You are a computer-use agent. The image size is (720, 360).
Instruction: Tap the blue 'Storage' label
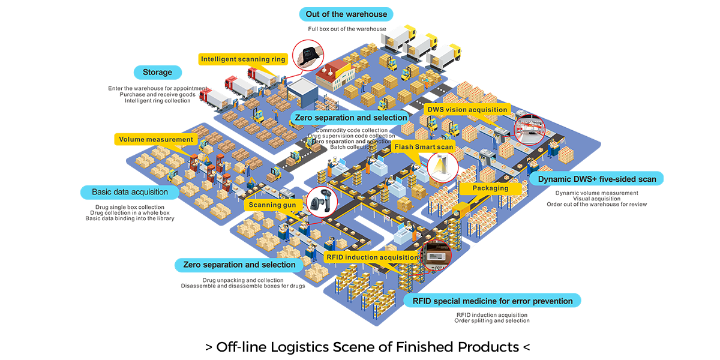click(x=157, y=73)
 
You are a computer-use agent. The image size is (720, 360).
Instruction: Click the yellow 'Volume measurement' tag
click(x=156, y=140)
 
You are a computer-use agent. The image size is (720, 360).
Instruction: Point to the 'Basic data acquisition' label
click(x=130, y=193)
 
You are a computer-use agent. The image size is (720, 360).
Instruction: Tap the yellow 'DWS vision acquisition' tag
click(x=467, y=110)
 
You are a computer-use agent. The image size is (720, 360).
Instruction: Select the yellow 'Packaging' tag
click(x=490, y=188)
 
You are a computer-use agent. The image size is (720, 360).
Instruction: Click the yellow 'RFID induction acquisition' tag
click(x=371, y=257)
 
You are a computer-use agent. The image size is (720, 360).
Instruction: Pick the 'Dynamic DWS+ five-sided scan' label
click(x=596, y=179)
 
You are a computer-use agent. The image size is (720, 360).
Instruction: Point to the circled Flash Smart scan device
click(x=442, y=164)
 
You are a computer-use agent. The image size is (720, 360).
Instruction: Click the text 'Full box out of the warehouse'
click(x=347, y=29)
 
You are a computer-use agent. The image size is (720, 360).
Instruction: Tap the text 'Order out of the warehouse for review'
click(x=596, y=205)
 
